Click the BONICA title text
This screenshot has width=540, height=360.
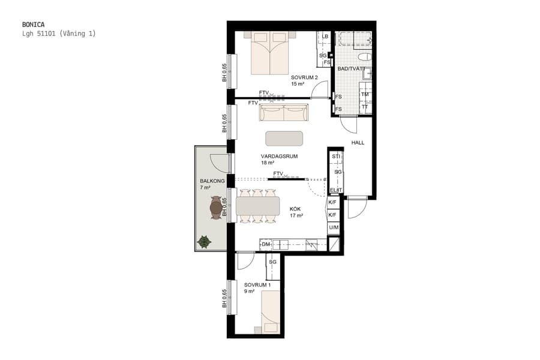(x=33, y=24)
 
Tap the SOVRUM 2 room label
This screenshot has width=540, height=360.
(x=304, y=77)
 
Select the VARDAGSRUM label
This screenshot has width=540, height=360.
(x=275, y=156)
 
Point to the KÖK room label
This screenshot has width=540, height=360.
(x=295, y=209)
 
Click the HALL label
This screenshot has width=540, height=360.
(x=358, y=143)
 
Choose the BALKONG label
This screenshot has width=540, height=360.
(x=211, y=181)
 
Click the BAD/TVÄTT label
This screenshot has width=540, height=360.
(x=351, y=69)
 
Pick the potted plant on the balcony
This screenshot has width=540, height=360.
(x=204, y=242)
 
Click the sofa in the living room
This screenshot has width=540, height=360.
(x=284, y=112)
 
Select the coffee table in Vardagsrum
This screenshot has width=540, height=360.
(x=284, y=139)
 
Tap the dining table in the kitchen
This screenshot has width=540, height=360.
(x=258, y=207)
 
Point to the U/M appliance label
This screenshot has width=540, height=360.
(x=334, y=228)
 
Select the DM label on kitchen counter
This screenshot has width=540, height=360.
(x=266, y=244)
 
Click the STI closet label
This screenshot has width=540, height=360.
(x=336, y=157)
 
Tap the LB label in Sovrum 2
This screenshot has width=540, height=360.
(x=325, y=37)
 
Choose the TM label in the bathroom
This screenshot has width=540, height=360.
(x=365, y=95)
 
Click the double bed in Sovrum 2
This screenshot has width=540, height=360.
(x=270, y=53)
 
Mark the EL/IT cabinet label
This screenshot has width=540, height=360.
(x=336, y=191)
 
